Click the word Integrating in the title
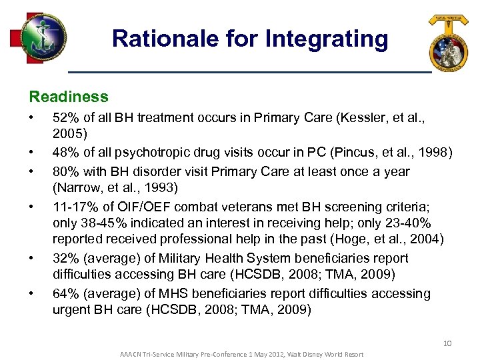(x=326, y=39)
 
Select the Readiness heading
(x=69, y=97)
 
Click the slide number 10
(x=447, y=343)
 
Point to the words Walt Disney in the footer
(x=301, y=353)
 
